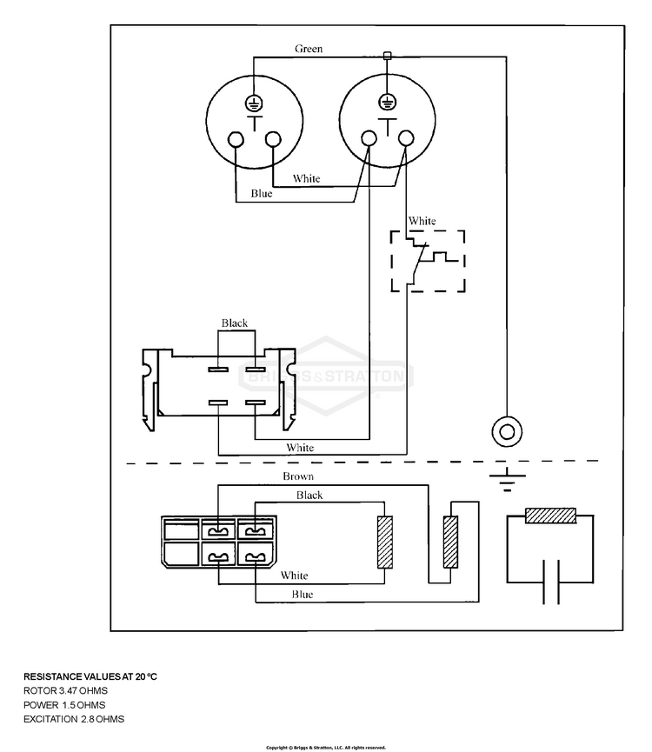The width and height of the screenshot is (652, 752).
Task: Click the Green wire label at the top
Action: [x=309, y=49]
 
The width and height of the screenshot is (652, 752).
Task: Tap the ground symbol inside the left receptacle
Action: [x=254, y=103]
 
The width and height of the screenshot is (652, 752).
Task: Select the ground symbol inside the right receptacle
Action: [x=387, y=102]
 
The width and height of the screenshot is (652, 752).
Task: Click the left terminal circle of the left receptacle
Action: [x=236, y=140]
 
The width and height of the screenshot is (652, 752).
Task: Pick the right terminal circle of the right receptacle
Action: [x=406, y=138]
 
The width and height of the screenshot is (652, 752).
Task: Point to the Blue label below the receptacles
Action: [x=262, y=193]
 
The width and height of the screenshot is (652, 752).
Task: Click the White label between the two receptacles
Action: [x=306, y=178]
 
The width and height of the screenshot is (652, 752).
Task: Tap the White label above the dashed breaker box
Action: [x=422, y=221]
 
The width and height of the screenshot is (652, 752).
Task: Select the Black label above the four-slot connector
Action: [x=235, y=323]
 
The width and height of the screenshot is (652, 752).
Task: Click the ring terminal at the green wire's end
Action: [x=507, y=431]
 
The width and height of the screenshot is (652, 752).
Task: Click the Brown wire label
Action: [x=298, y=476]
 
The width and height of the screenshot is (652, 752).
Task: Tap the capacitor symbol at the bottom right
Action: [x=551, y=582]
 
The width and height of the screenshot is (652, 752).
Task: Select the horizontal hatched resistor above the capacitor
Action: [x=551, y=516]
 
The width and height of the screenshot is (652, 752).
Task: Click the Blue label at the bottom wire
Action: [x=302, y=595]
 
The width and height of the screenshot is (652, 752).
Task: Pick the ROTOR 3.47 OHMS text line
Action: [x=66, y=690]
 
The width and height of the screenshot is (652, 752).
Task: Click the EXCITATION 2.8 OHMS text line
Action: [x=74, y=719]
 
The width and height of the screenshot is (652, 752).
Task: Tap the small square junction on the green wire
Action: [x=388, y=57]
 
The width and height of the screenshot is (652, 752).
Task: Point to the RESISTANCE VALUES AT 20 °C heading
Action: [x=90, y=676]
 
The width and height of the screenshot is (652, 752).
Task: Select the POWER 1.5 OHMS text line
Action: [x=64, y=705]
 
